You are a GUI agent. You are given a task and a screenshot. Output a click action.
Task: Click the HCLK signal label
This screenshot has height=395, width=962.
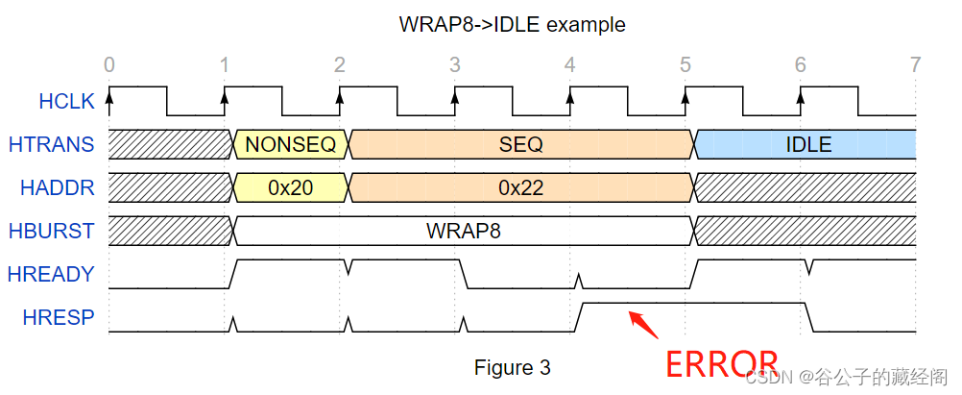click(67, 101)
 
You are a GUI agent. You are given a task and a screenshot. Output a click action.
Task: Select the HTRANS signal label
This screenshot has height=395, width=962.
click(51, 144)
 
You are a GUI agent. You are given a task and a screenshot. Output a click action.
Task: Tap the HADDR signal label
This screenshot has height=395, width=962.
click(58, 187)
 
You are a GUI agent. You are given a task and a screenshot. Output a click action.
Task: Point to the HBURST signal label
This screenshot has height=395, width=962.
click(52, 231)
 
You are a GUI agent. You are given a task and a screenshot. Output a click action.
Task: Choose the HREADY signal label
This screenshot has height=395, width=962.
click(52, 274)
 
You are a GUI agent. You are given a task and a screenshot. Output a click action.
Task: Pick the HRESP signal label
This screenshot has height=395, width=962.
click(59, 317)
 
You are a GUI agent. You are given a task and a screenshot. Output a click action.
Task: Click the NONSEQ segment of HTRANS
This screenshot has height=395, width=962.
click(290, 144)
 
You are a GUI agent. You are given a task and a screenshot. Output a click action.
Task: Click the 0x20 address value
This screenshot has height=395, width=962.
click(290, 187)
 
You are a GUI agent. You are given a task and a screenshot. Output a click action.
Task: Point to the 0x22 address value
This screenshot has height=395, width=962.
click(521, 187)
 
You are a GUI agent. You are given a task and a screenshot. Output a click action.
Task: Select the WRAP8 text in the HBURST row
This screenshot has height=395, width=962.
click(463, 231)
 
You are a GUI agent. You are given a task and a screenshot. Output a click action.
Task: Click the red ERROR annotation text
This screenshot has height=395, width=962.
click(722, 363)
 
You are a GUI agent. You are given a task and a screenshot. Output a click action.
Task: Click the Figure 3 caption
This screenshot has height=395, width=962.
click(513, 367)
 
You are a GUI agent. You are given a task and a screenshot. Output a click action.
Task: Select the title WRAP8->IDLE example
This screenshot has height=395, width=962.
click(513, 25)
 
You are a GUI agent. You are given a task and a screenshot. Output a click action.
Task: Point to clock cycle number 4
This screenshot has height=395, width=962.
click(570, 64)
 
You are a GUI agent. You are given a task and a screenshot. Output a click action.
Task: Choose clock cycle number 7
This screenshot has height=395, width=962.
click(915, 64)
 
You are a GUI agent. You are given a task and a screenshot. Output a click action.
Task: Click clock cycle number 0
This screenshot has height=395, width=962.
click(109, 64)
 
